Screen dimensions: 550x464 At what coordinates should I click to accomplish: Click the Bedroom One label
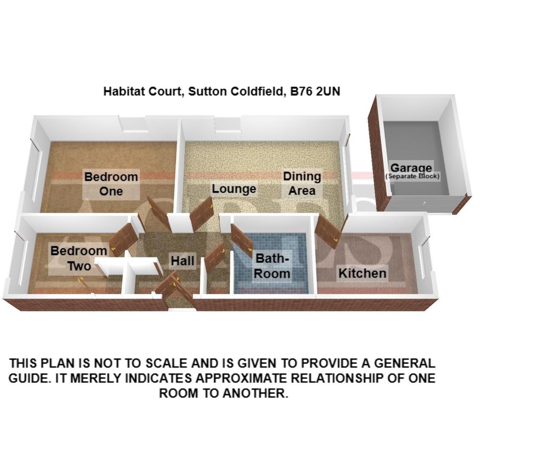111,183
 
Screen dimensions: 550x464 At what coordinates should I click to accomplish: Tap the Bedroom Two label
79,258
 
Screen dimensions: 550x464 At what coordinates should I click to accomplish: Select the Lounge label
234,189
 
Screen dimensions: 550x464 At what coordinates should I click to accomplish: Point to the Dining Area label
302,183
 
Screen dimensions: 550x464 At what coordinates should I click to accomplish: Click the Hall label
182,261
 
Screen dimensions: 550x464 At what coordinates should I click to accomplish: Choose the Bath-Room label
272,266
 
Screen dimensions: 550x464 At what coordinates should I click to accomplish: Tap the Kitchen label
362,273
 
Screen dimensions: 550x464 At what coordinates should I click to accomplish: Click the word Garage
411,168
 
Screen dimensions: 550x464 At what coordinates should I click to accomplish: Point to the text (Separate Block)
412,176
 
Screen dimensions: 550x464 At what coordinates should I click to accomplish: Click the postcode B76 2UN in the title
315,92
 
